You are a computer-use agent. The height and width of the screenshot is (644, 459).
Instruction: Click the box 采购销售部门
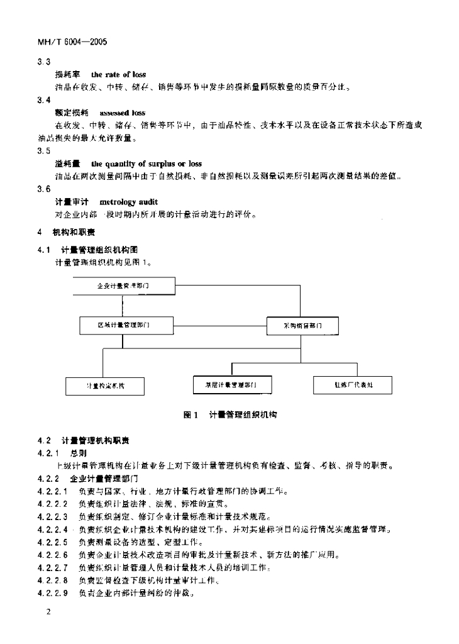point(302,326)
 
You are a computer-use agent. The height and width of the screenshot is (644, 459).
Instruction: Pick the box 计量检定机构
point(105,385)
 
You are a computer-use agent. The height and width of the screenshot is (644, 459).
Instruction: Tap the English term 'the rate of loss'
point(119,74)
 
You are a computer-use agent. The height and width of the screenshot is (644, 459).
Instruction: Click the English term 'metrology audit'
point(129,202)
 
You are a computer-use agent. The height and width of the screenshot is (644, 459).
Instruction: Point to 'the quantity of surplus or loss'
point(147,164)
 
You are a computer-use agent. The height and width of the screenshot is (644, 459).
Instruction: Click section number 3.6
point(44,189)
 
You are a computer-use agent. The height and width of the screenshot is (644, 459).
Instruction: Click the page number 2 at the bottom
point(41,612)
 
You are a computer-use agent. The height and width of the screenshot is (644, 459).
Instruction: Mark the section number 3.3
point(44,61)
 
